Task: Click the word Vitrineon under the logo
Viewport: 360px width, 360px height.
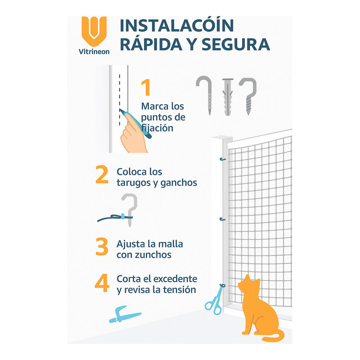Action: coord(94,51)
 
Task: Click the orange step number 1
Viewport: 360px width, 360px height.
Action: coord(146,88)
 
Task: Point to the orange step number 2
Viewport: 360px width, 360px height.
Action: coord(102,175)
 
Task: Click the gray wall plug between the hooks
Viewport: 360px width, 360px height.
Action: coord(228,96)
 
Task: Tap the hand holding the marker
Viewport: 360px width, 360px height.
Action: coord(135,133)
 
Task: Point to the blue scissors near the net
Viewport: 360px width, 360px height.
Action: coord(214,301)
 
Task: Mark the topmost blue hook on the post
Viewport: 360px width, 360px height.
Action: coord(222,159)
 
